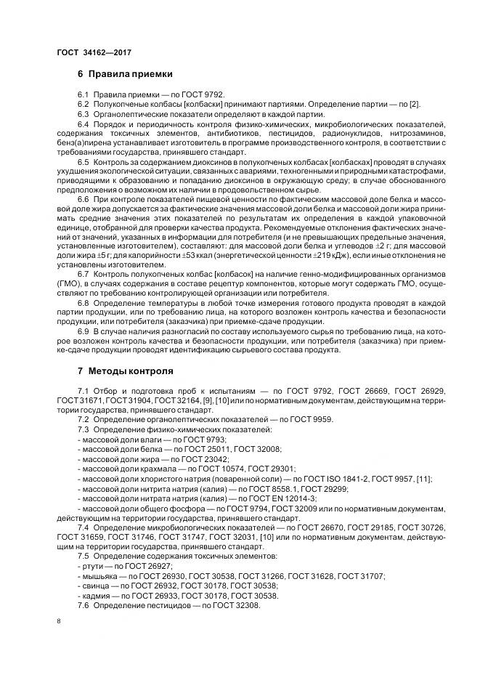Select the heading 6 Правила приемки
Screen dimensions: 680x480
coord(125,74)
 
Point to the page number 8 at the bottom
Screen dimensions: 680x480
coord(59,620)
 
